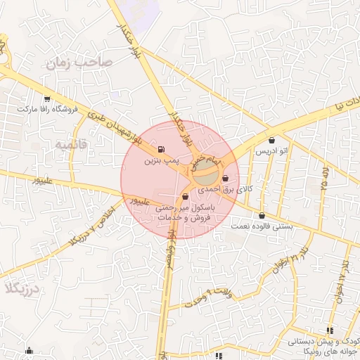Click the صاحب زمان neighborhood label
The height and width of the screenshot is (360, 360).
coord(79,63)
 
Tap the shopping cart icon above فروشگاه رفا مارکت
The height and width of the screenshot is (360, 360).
coord(47,99)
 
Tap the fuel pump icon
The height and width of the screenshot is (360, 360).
coord(162,149)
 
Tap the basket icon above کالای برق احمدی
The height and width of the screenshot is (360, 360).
coord(225,179)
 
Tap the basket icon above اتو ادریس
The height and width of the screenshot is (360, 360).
coord(271,141)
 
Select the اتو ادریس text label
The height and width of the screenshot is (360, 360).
coord(271,152)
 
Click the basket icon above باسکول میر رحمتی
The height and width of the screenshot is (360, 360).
coord(185,197)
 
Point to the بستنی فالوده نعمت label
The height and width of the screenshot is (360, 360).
coord(262,226)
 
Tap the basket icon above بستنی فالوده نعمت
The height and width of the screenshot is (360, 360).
coord(262,216)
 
